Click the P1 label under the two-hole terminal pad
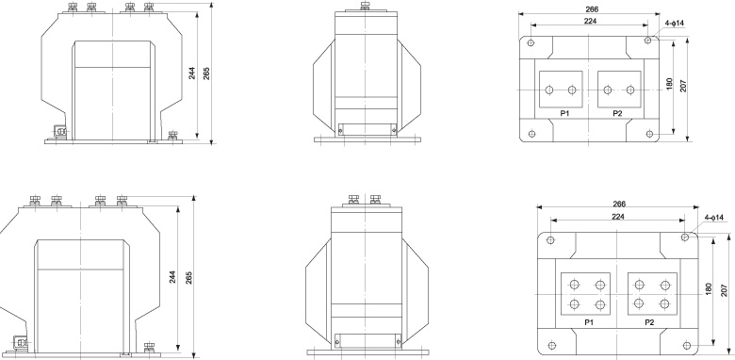tap(564, 113)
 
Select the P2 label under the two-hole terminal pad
tap(617, 113)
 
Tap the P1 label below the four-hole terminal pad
tap(589, 322)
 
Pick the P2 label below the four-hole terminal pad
tap(649, 322)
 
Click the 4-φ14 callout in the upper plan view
tap(675, 23)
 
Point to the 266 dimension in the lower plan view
tap(619, 204)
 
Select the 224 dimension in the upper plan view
tap(590, 21)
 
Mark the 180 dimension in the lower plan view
tap(709, 288)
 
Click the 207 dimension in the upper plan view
tap(683, 86)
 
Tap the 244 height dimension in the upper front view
tap(191, 74)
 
